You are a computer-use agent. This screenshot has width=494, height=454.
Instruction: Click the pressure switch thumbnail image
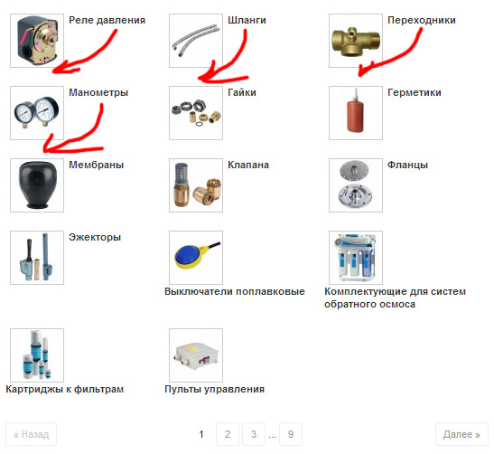tap(37, 41)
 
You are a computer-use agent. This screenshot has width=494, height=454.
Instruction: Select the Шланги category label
tap(247, 20)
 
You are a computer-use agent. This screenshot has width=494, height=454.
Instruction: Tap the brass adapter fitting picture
tap(356, 41)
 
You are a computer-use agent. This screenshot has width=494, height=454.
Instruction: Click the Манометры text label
tap(98, 92)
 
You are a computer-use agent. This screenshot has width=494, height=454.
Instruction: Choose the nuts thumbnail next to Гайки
tap(196, 113)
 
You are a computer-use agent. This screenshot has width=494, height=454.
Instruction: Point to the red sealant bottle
tap(356, 113)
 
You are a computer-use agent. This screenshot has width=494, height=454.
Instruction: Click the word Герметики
tap(415, 92)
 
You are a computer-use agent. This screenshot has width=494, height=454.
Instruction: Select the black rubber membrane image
tap(37, 185)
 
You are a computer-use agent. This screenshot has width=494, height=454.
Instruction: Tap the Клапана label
tap(248, 165)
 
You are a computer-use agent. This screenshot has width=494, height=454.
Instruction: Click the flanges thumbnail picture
tap(356, 185)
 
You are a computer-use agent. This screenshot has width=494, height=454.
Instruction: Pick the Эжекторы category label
tap(95, 237)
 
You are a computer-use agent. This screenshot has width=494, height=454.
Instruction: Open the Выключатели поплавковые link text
tap(235, 291)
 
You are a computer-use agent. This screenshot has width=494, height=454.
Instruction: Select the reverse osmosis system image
tap(356, 258)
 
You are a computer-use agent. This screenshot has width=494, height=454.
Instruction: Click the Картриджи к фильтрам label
tap(65, 389)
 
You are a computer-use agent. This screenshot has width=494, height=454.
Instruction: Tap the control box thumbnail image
tap(196, 355)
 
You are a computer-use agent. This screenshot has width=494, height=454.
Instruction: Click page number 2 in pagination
tap(228, 434)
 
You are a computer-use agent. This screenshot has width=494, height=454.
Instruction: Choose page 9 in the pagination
tap(291, 434)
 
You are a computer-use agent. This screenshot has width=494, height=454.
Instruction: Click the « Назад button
tap(32, 434)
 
